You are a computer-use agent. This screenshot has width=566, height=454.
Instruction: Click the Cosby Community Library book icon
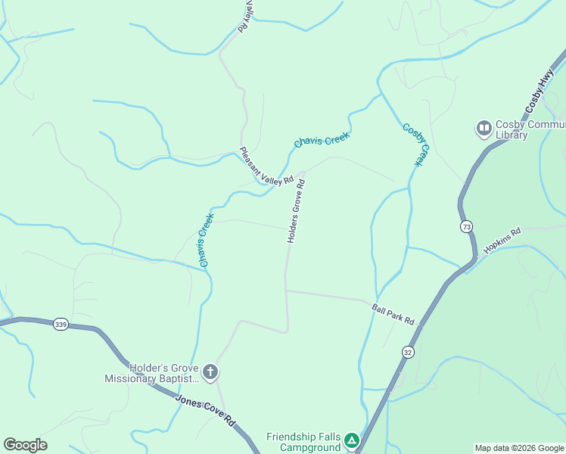(x=484, y=129)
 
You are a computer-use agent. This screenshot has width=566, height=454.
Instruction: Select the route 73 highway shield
(x=466, y=226)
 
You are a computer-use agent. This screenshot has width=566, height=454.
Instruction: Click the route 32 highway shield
(x=408, y=352)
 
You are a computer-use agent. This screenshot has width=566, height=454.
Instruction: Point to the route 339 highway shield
(x=61, y=325)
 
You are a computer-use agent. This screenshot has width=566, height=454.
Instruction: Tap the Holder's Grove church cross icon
(x=210, y=372)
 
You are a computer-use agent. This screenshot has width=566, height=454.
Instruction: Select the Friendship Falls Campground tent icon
(x=351, y=440)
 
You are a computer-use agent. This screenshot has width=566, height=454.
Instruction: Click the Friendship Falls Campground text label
(x=303, y=441)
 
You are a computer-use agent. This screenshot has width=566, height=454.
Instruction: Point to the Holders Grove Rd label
(x=296, y=210)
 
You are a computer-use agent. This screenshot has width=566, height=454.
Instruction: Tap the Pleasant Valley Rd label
(x=266, y=166)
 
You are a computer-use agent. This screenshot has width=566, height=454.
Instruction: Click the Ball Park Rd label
(x=393, y=314)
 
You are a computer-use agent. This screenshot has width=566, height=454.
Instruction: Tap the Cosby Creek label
(x=415, y=145)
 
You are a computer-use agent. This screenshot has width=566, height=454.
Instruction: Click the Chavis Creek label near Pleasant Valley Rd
(x=322, y=140)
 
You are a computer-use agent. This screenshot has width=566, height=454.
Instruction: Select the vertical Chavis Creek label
(x=206, y=239)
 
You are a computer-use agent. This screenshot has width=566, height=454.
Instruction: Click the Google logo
(x=25, y=445)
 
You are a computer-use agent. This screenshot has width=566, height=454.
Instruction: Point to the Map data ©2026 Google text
(x=519, y=448)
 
